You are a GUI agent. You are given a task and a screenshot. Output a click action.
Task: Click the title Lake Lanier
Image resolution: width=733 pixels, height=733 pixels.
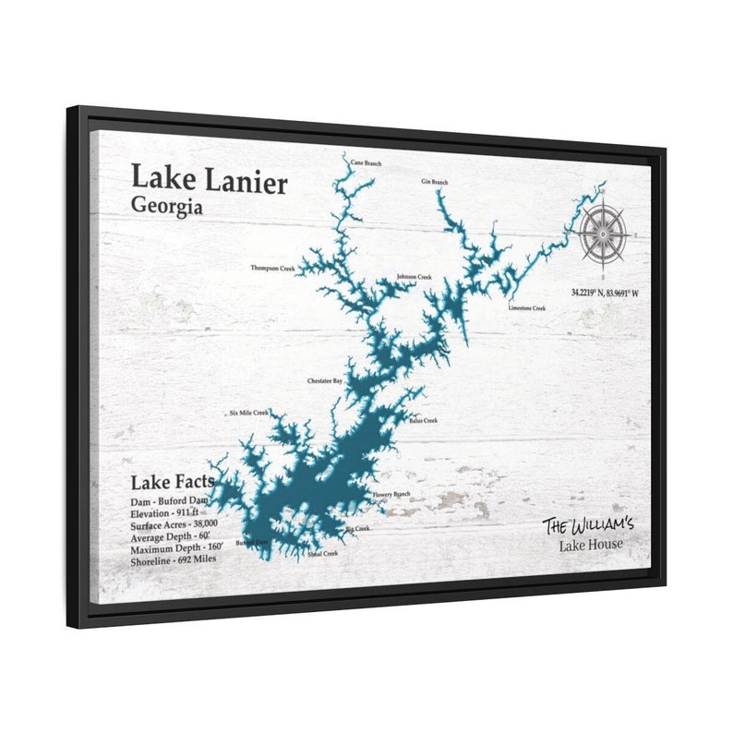208,179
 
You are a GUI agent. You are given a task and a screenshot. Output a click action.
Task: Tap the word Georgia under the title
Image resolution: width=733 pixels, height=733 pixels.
167,206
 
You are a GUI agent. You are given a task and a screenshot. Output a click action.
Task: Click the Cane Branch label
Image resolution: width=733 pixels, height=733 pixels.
366,163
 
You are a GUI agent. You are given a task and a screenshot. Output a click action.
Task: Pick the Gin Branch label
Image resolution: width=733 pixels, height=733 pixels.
434,182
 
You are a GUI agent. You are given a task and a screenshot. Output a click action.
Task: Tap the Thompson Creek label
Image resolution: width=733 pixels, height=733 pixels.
273,269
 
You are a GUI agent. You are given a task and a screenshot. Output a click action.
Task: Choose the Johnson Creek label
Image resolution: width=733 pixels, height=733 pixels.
414,277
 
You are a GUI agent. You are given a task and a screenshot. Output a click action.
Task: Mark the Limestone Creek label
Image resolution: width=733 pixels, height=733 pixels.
527,307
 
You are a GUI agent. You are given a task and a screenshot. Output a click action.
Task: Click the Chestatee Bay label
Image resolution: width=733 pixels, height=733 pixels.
325,380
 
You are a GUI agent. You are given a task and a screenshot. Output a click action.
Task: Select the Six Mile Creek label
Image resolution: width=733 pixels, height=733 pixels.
249,413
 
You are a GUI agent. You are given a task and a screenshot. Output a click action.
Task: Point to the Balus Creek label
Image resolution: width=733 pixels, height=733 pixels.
422,420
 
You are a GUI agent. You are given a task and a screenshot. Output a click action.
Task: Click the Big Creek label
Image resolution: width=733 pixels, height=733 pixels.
357,529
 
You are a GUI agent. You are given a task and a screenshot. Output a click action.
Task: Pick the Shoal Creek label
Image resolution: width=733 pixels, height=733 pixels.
323,554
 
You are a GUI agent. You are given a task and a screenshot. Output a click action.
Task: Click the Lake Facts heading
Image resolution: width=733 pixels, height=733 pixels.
173,481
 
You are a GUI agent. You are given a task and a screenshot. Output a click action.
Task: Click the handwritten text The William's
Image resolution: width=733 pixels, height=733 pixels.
588,525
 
